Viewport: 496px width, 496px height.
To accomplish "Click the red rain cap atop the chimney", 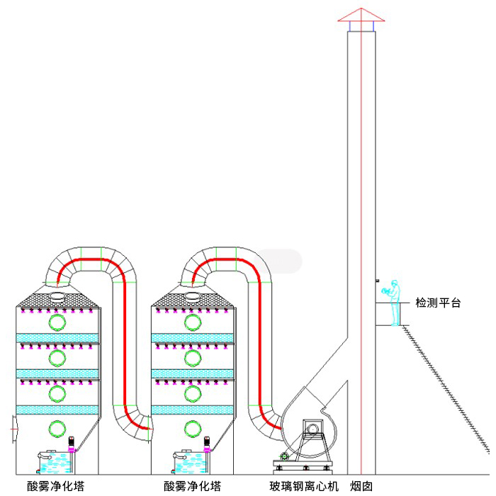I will pos(361,16).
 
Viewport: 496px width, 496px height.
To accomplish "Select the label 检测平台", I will pos(438,303).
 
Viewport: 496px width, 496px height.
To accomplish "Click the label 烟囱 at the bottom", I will pos(361,487).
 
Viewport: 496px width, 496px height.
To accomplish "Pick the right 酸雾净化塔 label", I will pos(191,487).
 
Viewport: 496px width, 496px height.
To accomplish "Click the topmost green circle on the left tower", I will pos(56,322).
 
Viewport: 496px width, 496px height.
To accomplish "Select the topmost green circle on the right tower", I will pos(191,322).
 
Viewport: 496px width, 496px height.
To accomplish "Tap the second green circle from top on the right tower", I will pos(191,358).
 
